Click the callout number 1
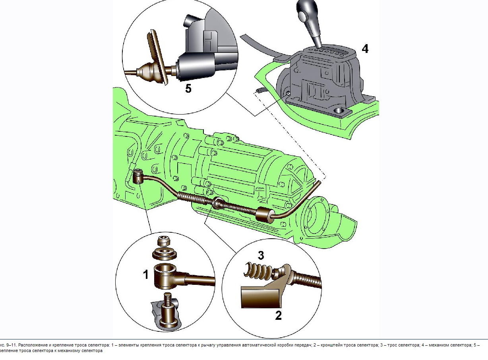tap(146, 274)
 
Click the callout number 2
tap(279, 315)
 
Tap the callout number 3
tap(261, 256)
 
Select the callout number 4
tap(365, 49)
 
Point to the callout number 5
tap(188, 88)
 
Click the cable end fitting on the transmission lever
tap(138, 175)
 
